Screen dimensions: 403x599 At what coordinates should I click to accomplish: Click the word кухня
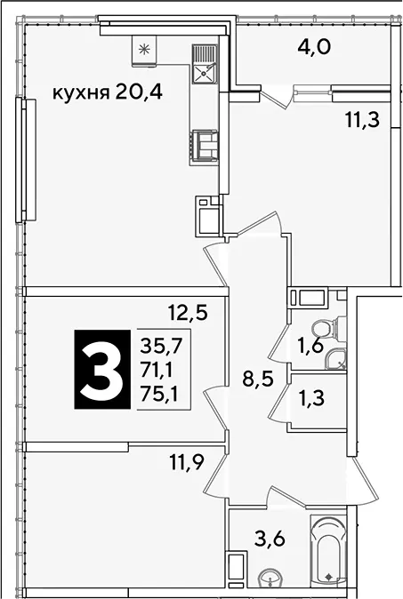[81, 92]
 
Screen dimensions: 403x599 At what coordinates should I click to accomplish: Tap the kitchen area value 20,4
[139, 92]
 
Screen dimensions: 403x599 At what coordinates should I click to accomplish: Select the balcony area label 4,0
[313, 47]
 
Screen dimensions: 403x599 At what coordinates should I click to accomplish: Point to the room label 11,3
[362, 120]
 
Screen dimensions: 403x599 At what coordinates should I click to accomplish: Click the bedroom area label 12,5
[188, 313]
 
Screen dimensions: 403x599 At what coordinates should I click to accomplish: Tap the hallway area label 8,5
[259, 379]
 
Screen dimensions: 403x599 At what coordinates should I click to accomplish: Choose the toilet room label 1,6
[310, 346]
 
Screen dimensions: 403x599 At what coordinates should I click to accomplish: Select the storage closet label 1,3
[310, 397]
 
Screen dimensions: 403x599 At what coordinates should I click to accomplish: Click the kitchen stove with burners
[205, 144]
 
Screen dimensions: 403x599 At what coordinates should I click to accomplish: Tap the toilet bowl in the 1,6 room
[329, 327]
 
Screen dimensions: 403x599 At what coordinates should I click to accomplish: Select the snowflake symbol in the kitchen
[144, 49]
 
